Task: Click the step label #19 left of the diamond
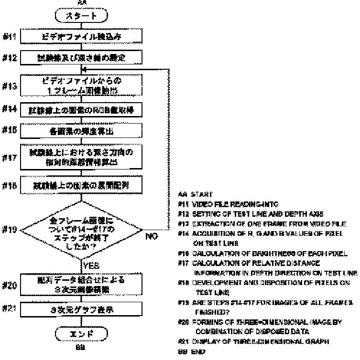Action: [x=11, y=230]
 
